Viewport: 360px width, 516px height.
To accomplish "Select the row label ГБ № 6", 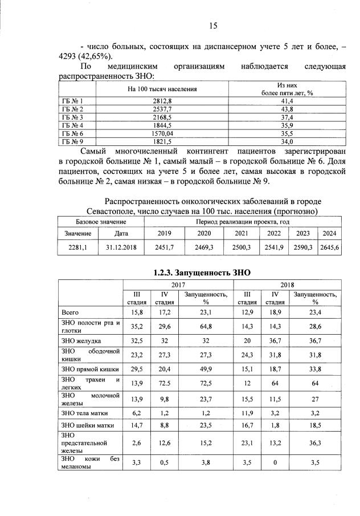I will tap(72, 133).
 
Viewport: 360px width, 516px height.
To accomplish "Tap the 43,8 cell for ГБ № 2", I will tap(287, 109).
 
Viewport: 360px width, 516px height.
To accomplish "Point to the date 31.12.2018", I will tap(121, 247).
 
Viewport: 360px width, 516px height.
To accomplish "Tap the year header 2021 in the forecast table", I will tap(242, 233).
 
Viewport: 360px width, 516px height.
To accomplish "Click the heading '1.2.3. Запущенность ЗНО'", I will tap(202, 273).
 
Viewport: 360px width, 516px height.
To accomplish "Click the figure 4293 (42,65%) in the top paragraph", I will tap(87, 56).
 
